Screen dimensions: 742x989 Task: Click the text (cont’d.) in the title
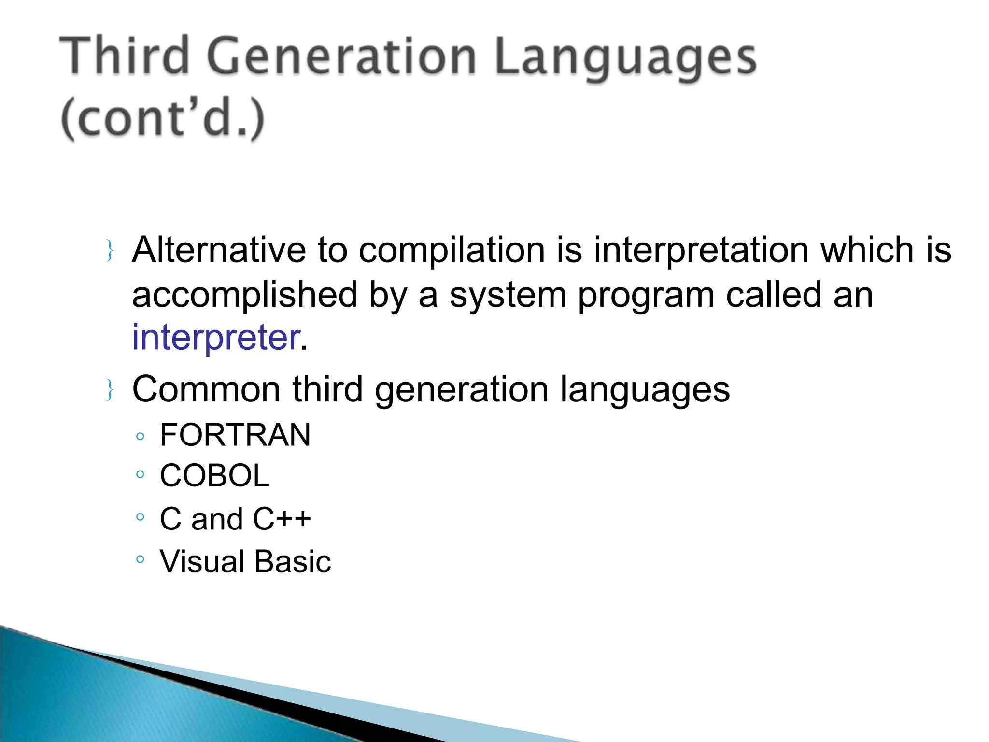pos(163,118)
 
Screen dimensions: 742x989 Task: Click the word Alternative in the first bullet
pos(219,250)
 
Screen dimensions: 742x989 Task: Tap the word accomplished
pos(244,296)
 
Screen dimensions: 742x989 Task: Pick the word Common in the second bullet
pos(206,389)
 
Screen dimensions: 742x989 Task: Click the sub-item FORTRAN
pos(235,435)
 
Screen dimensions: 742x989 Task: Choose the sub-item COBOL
pos(214,476)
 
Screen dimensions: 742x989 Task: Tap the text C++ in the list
pos(282,519)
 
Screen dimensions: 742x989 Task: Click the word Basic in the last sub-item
pos(293,562)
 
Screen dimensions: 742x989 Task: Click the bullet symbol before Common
pos(110,390)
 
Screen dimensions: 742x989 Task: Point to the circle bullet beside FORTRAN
pos(140,437)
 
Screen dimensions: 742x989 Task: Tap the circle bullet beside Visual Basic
pos(140,559)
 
